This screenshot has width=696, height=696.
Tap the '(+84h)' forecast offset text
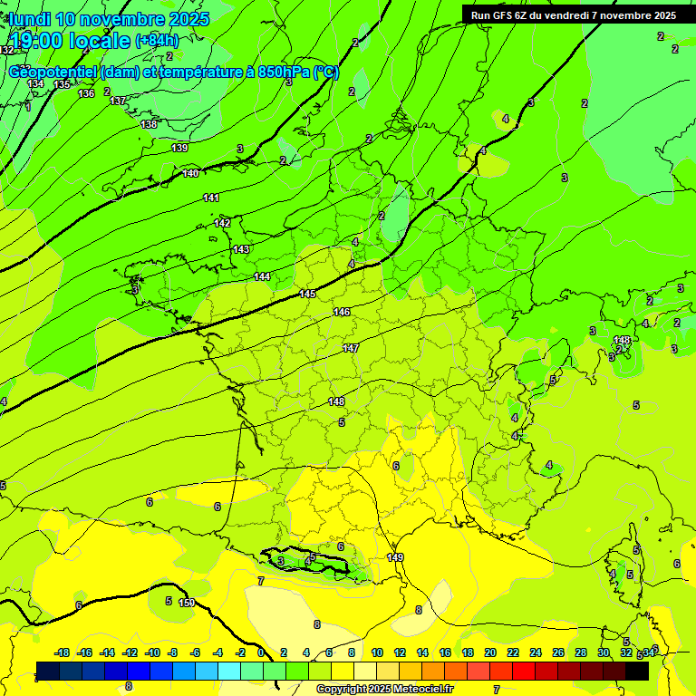coord(157,41)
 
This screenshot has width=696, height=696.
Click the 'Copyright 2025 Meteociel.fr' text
coord(384,689)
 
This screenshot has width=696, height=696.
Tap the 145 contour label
coord(307,294)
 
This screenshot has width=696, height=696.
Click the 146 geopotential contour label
coord(342,312)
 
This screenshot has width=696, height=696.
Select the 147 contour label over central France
coord(351,348)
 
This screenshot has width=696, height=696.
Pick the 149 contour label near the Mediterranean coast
coord(395,557)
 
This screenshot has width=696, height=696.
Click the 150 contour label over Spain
coord(187,603)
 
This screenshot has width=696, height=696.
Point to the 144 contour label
coord(262,276)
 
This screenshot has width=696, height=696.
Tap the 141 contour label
coord(211,198)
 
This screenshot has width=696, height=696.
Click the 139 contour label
coord(179,148)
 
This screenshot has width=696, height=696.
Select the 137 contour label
coord(118,101)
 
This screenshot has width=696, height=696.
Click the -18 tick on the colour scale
coord(63,652)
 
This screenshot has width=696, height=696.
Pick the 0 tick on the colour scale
coord(261,652)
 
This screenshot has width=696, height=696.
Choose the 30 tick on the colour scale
coord(604,652)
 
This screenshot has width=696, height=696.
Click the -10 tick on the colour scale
coord(152,652)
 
